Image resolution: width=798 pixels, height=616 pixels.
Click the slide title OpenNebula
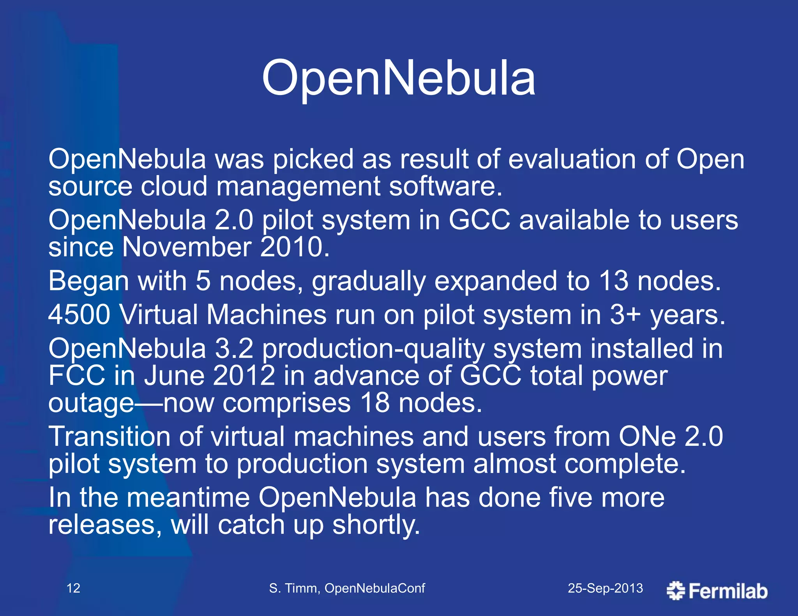(x=399, y=79)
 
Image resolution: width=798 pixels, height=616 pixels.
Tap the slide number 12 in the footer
(x=73, y=588)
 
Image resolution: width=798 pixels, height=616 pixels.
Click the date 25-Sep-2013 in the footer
(x=605, y=588)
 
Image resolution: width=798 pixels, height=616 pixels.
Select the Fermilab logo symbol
(x=676, y=591)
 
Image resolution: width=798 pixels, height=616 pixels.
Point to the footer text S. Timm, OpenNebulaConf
(x=347, y=588)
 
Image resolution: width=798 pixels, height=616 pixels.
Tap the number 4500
(x=79, y=315)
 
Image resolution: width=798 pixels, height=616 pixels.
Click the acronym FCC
(x=77, y=375)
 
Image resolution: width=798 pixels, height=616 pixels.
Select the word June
(x=174, y=375)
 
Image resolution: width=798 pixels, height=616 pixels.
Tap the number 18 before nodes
(x=374, y=403)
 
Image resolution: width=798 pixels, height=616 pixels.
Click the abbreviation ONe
(x=647, y=436)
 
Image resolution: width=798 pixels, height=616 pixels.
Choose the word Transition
(x=109, y=436)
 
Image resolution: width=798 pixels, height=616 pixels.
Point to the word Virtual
(x=159, y=315)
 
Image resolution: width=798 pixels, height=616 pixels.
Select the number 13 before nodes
(x=613, y=281)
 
